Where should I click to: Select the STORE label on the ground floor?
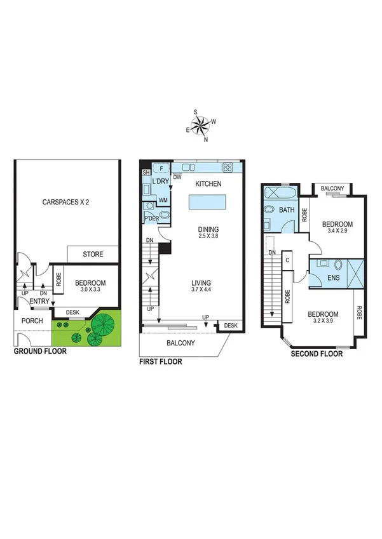93,255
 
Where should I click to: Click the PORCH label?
32,321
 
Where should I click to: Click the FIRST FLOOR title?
160,362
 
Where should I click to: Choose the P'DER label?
152,219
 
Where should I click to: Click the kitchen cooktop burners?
227,168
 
